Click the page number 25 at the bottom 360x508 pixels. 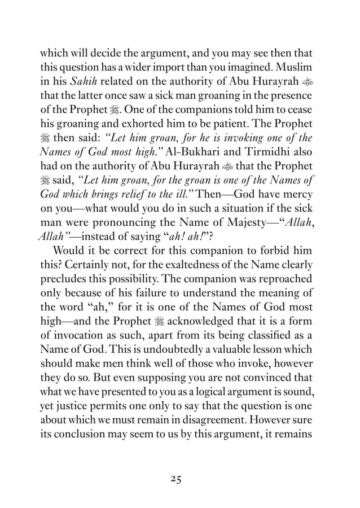click(179, 479)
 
